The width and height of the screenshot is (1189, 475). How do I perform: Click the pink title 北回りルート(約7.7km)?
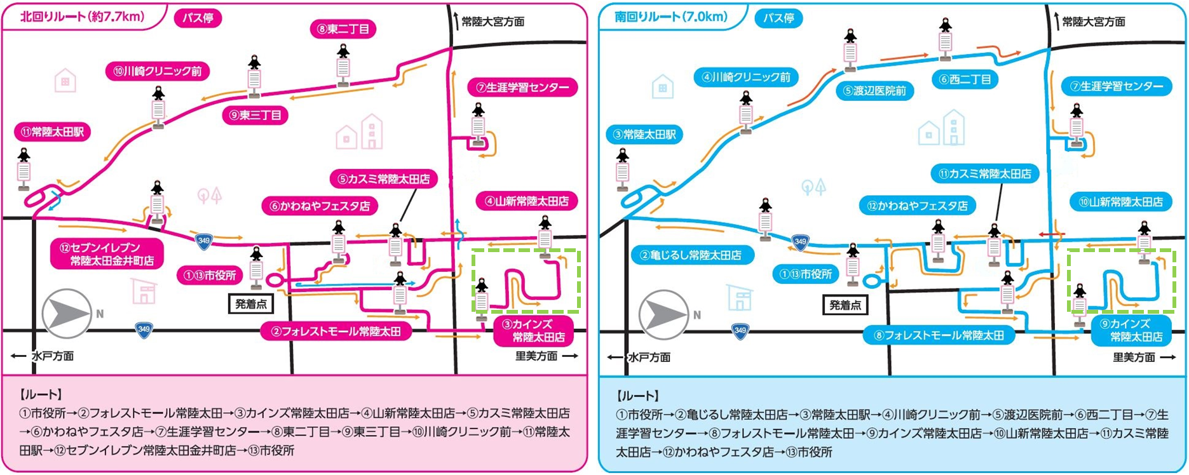tap(83, 17)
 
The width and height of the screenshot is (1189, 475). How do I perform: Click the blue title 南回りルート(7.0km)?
tap(671, 17)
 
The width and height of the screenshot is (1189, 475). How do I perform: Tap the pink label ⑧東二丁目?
tap(343, 29)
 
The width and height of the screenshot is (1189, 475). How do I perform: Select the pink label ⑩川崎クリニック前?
tap(158, 71)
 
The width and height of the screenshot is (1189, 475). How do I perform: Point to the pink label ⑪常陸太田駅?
tap(53, 132)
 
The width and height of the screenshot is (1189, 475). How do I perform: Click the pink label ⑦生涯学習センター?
tap(522, 87)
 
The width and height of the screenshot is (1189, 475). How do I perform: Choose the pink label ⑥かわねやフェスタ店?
tap(320, 206)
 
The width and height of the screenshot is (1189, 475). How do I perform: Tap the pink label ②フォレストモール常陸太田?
tap(336, 331)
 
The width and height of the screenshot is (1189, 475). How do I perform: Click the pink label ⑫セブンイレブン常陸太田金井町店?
tap(107, 254)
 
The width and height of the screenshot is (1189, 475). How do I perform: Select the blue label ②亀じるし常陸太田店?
tap(692, 255)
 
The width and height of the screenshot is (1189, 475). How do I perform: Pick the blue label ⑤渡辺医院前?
tap(874, 91)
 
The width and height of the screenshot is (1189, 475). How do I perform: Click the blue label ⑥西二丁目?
tap(965, 79)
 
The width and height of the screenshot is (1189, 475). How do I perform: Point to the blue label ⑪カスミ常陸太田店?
tap(984, 173)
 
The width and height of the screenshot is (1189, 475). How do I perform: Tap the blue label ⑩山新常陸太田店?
tap(1120, 202)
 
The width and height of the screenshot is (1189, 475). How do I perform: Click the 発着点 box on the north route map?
tap(251, 304)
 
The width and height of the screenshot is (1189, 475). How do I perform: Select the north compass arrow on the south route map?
tap(663, 314)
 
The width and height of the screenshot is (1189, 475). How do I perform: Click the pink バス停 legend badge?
tap(198, 18)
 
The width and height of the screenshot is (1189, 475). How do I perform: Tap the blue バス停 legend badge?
tap(778, 18)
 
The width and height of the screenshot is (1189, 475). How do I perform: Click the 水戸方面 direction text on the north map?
tap(52, 356)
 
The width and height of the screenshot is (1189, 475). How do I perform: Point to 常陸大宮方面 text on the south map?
tap(1093, 22)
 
